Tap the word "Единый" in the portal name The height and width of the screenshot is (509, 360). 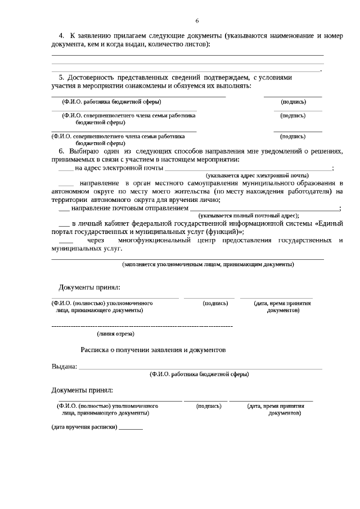pos(330,223)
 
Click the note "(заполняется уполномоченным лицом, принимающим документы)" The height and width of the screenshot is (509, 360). pos(208,264)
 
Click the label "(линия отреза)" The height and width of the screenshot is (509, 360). pos(115,334)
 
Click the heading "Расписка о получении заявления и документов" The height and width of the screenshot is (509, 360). pos(153,349)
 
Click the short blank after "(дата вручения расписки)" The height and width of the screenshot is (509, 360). pos(131,429)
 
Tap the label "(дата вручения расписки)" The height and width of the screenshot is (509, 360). pos(84,427)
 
